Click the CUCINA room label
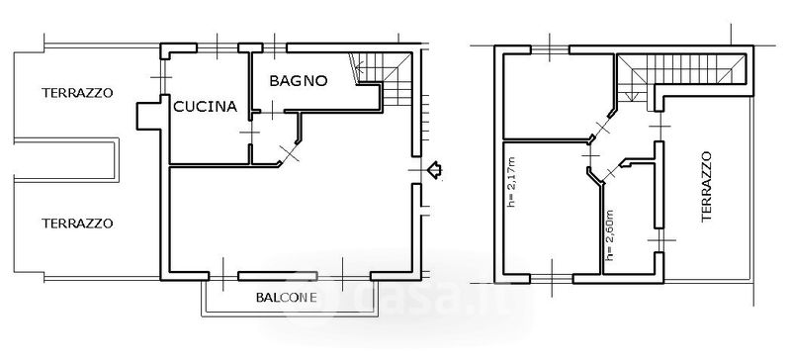(x=206, y=107)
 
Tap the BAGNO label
(x=299, y=81)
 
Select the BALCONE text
(x=287, y=298)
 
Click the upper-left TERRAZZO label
(x=77, y=93)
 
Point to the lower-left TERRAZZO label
(x=77, y=224)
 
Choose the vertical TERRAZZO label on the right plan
(x=706, y=186)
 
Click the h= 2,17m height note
(x=512, y=182)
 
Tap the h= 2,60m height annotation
(x=610, y=235)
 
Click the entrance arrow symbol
(x=434, y=170)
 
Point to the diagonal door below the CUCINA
(x=289, y=153)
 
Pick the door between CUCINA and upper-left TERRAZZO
(x=162, y=77)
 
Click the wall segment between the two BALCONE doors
(x=278, y=276)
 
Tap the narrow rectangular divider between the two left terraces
(x=66, y=160)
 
